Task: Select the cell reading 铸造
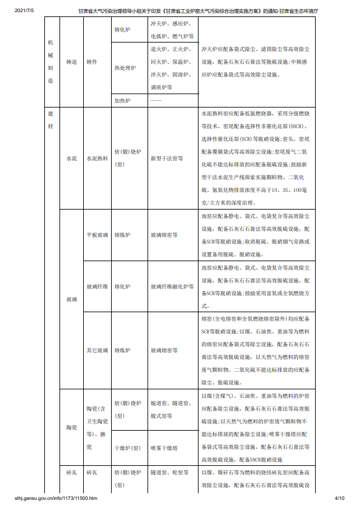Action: pos(72,62)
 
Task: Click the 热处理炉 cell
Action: pos(126,69)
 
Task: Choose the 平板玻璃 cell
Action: pos(97,234)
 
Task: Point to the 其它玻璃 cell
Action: pos(97,350)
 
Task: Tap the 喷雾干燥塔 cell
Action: pos(165,448)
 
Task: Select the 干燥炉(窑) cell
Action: pos(127,448)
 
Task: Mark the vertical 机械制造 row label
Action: pos(50,61)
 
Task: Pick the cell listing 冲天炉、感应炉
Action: pos(172,29)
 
